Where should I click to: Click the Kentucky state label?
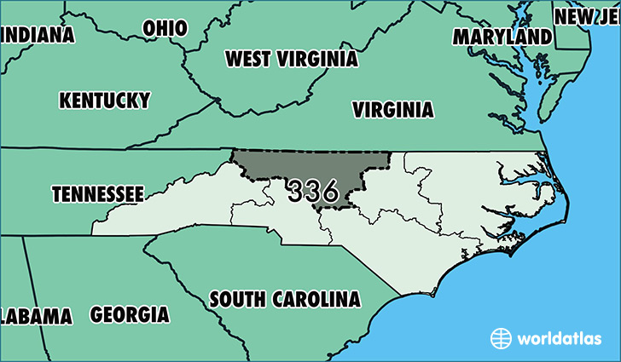(x=104, y=100)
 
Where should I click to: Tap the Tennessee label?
(x=97, y=194)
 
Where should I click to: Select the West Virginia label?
(x=291, y=59)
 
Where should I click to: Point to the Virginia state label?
(x=393, y=110)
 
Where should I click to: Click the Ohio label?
(x=165, y=28)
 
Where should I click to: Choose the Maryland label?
(x=502, y=37)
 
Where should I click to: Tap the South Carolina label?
(x=285, y=299)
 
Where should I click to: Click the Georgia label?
(x=130, y=314)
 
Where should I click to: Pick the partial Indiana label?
(x=38, y=35)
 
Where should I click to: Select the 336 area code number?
(x=313, y=190)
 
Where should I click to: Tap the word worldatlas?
(x=560, y=338)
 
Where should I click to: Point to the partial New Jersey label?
(x=587, y=16)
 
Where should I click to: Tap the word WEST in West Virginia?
(x=247, y=59)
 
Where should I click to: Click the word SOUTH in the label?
(x=239, y=299)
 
